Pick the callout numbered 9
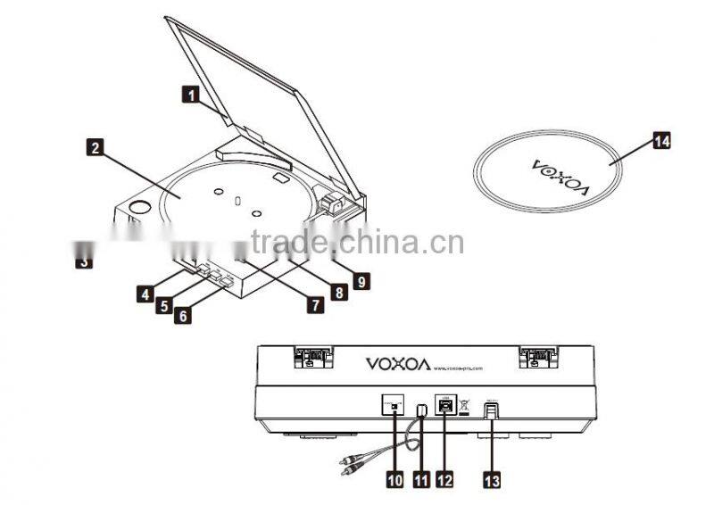pos(361,281)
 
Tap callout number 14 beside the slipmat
pos(661,141)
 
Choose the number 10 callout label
pos(394,479)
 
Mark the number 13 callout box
pos(492,479)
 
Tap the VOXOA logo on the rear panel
pos(398,363)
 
